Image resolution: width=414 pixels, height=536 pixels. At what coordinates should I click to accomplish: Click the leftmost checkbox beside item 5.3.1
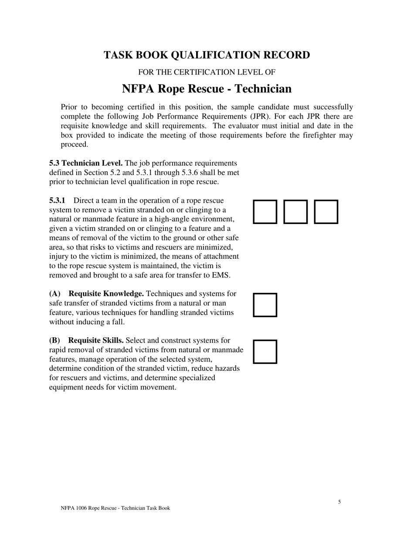[265, 212]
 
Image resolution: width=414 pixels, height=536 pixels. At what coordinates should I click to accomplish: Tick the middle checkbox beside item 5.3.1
[295, 212]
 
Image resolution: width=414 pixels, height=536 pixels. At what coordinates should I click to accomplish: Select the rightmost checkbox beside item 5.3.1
[326, 212]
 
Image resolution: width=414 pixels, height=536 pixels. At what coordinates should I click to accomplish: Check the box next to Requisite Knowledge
[265, 305]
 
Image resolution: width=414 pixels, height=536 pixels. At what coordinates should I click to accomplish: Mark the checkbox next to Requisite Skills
[265, 351]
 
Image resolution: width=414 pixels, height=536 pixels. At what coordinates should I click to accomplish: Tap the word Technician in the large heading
[263, 89]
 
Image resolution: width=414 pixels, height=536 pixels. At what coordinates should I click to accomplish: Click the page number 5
[339, 502]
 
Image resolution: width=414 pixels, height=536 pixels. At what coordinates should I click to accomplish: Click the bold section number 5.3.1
[57, 200]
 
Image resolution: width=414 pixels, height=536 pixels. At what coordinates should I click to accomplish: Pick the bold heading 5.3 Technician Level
[86, 163]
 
